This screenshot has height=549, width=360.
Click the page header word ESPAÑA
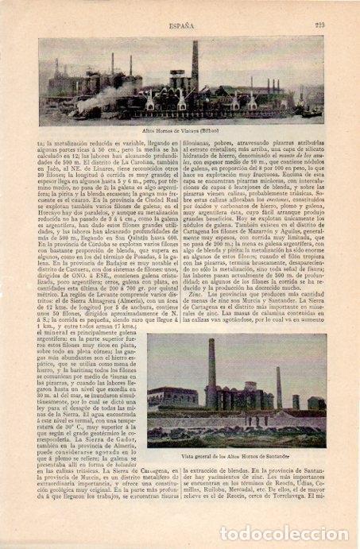(179, 25)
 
